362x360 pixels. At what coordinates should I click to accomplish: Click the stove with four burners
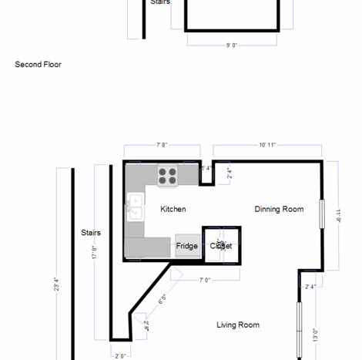[x=168, y=176]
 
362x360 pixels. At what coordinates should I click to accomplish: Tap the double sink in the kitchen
[x=135, y=207]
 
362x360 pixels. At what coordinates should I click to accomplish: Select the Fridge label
[x=186, y=247]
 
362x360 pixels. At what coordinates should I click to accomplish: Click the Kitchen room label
[x=173, y=209]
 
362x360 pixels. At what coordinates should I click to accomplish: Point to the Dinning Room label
[x=279, y=209]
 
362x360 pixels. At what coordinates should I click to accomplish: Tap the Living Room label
[x=237, y=325]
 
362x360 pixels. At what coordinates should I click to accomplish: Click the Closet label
[x=221, y=247]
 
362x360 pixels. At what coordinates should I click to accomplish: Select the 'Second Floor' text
[x=38, y=65]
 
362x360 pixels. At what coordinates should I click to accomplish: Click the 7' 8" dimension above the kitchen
[x=163, y=144]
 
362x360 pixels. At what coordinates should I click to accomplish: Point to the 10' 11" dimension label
[x=267, y=144]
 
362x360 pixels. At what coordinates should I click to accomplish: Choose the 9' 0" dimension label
[x=231, y=45]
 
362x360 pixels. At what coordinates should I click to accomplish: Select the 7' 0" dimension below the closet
[x=206, y=280]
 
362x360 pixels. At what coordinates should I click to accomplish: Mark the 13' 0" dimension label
[x=315, y=335]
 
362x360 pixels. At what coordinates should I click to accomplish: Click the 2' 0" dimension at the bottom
[x=120, y=356]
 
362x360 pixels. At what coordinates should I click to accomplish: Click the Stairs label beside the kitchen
[x=91, y=232]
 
